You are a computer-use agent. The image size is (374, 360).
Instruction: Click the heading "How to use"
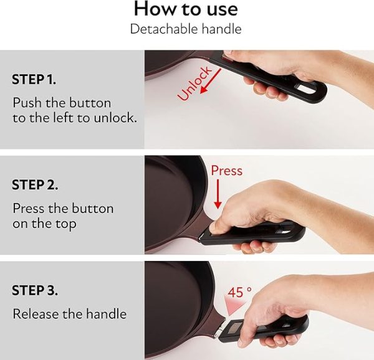[186, 9]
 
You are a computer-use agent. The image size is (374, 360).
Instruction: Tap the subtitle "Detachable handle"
[186, 29]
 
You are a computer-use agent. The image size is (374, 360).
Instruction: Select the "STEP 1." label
[34, 79]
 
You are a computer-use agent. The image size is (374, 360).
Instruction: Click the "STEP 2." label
[35, 185]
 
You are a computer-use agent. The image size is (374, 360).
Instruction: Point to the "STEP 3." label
[35, 290]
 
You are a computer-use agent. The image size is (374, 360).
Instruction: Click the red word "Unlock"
[194, 83]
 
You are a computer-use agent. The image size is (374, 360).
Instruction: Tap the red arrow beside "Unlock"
[211, 81]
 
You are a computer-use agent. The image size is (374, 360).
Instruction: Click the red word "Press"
[227, 171]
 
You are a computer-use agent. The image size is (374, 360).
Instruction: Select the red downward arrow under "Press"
[218, 194]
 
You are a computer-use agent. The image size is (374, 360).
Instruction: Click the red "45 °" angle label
[239, 292]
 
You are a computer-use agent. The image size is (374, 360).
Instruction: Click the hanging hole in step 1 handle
[306, 89]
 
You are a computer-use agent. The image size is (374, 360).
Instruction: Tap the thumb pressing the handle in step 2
[217, 225]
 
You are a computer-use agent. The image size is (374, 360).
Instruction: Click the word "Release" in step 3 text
[36, 314]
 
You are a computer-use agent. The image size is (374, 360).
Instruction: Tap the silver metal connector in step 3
[219, 329]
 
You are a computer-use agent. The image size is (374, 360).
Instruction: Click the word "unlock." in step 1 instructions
[115, 118]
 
